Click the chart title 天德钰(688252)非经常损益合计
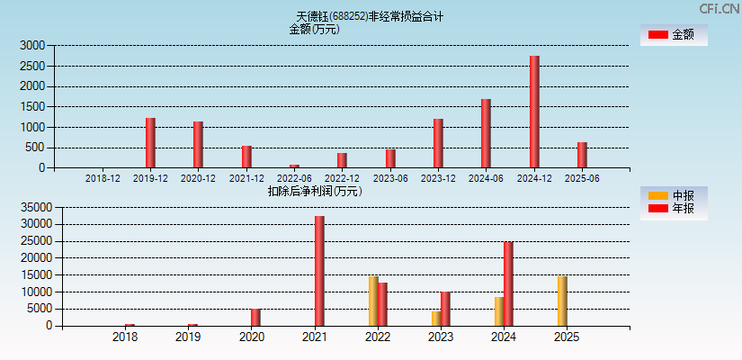pos(370,16)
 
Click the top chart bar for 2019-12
pos(150,143)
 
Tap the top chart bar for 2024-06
pos(486,133)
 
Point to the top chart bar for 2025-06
pos(582,155)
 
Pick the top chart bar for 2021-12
pos(246,157)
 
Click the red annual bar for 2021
pos(319,271)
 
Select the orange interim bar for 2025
pos(562,301)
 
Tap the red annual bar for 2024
pos(508,283)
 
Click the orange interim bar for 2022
pos(373,301)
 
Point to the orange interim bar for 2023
pos(436,319)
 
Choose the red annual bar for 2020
pos(255,317)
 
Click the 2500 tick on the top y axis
pos(32,66)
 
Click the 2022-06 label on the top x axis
pos(294,178)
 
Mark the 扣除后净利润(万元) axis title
pos(314,191)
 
